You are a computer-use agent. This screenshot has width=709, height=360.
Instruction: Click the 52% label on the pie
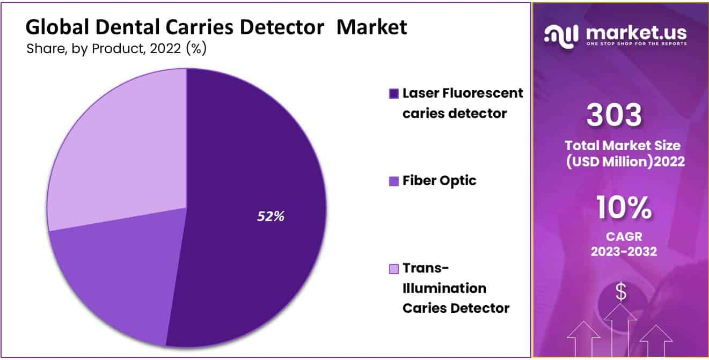click(271, 216)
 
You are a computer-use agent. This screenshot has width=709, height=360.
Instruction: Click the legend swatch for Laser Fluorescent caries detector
click(394, 94)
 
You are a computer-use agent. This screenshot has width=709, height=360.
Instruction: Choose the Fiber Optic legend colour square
click(394, 181)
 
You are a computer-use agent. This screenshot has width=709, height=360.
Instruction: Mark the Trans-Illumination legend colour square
click(394, 269)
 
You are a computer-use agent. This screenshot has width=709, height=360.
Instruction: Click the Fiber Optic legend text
click(440, 181)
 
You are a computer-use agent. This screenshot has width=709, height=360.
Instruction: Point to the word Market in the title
click(371, 27)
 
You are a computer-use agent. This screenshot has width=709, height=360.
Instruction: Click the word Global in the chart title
click(57, 27)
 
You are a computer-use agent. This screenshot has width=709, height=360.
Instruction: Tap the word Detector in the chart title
click(282, 27)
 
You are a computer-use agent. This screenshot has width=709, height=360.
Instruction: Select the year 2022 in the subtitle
click(165, 49)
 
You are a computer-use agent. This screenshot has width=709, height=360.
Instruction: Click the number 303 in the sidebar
click(614, 115)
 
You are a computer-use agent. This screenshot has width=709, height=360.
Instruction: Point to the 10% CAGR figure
click(624, 208)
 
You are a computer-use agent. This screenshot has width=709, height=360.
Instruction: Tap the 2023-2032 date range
click(624, 252)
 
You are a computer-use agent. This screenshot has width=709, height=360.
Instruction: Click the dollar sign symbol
click(621, 291)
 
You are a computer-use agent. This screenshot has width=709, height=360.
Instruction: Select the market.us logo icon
click(561, 36)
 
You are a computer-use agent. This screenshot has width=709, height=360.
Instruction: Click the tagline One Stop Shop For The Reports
click(637, 43)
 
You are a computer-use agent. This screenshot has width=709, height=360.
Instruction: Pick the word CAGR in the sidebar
click(624, 237)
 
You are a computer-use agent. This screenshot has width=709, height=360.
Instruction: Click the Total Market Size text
click(623, 146)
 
